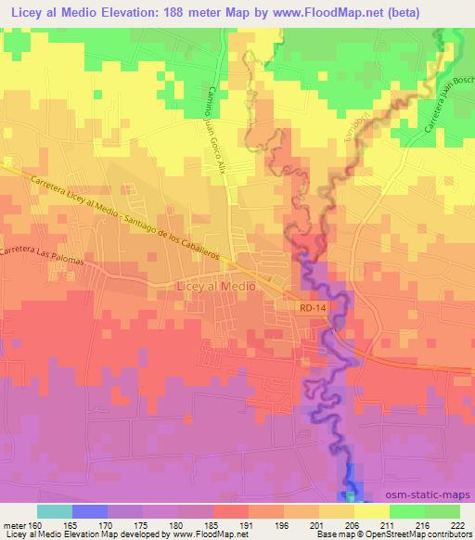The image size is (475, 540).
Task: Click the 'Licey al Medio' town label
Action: pyautogui.click(x=213, y=288)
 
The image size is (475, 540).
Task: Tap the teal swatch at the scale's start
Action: pyautogui.click(x=55, y=511)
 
